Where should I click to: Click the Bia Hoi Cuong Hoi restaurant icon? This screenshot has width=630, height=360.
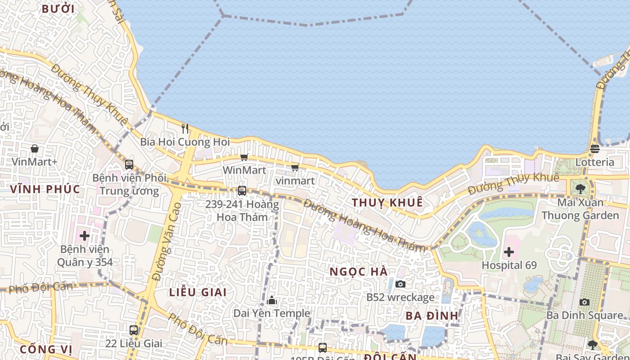[x=185, y=129]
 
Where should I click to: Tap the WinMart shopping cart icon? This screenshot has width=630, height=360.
[x=244, y=157]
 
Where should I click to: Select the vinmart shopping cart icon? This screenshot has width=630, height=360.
[x=295, y=167]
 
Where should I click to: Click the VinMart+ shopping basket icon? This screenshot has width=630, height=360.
[x=35, y=148]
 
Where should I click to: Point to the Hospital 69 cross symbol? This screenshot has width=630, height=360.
[x=509, y=252]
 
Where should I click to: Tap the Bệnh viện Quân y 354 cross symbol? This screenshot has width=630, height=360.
[x=85, y=235]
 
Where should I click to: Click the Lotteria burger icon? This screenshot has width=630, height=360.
[x=595, y=149]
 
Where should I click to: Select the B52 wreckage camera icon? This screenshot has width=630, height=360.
[x=400, y=284]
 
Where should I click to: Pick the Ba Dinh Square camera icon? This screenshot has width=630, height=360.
[x=584, y=302]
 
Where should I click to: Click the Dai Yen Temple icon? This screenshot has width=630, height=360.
[x=272, y=300]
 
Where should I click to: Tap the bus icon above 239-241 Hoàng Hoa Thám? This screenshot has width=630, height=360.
[x=242, y=190]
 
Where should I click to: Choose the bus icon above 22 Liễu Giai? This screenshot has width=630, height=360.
[x=134, y=330]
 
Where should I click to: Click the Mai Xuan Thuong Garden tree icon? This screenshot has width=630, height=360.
[x=580, y=189]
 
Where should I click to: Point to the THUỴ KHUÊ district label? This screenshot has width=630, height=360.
[x=387, y=202]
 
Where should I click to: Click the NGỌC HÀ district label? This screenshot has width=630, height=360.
[x=359, y=272]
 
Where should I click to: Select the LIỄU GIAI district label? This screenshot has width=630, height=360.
[x=198, y=292]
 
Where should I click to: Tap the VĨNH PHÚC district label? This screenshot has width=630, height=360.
[x=45, y=189]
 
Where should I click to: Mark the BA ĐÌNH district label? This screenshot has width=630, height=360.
[x=432, y=315]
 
